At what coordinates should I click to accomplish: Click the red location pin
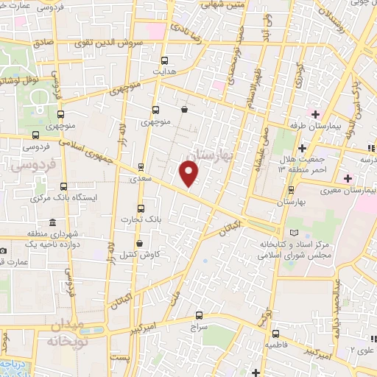click(x=189, y=173)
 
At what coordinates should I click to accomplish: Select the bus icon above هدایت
click(x=163, y=60)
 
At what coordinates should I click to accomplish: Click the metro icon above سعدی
click(x=141, y=166)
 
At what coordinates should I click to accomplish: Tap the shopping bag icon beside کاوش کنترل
click(x=150, y=244)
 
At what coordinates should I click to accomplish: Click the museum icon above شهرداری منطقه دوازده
click(x=52, y=222)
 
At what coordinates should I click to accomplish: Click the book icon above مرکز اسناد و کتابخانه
click(x=295, y=233)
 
